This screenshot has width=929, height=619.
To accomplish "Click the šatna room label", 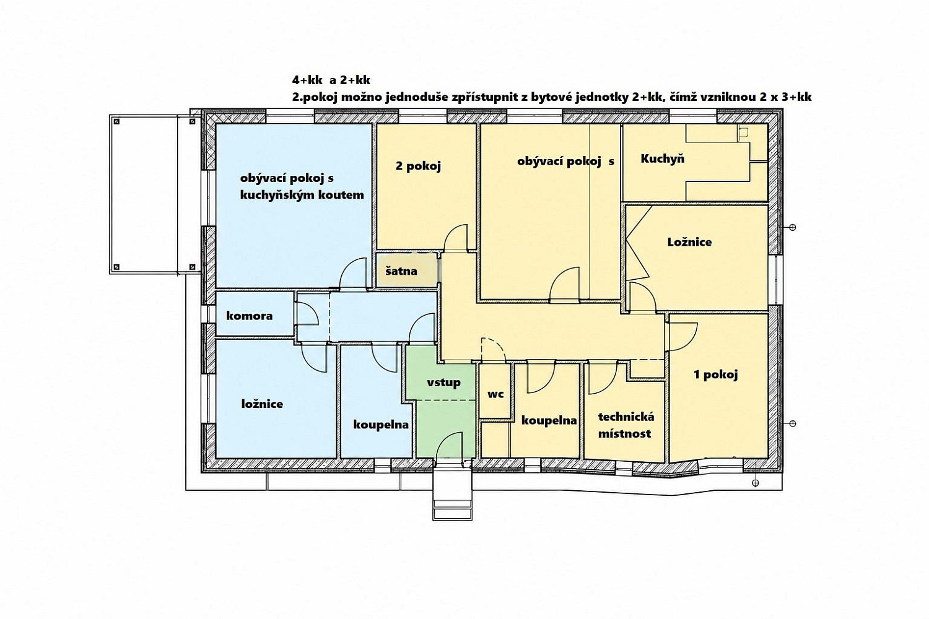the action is (x=401, y=272).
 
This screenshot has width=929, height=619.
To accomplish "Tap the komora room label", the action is (x=249, y=316).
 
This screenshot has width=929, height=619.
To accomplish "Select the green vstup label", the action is (x=443, y=382).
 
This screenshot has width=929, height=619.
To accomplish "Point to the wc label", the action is (x=495, y=394).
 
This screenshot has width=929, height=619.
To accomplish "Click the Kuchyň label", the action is (x=662, y=158).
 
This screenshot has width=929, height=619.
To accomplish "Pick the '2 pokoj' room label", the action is (x=418, y=167).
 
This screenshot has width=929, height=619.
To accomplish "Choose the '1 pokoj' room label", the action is (x=716, y=375).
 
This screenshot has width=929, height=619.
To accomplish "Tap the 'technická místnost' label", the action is (x=626, y=425).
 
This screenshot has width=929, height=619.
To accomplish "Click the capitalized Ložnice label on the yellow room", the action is (x=690, y=241).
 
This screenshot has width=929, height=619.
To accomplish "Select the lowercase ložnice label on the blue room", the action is (x=262, y=404).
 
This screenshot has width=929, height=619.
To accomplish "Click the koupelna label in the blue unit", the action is (x=381, y=425).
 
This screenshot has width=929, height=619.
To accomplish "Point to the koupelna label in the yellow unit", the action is (x=549, y=420).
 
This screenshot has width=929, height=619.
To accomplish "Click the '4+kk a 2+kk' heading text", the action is (x=331, y=80).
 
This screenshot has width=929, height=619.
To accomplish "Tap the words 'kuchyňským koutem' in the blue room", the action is (x=302, y=195).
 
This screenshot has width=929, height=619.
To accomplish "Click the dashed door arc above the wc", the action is (x=493, y=350).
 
